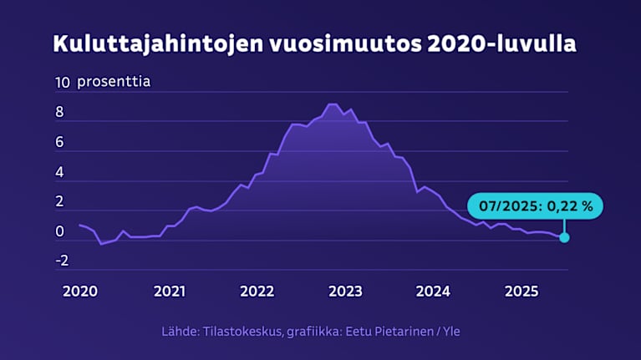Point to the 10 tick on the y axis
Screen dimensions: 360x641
click(x=62, y=83)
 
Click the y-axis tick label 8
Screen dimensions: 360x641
click(x=59, y=113)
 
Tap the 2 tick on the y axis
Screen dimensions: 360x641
click(x=59, y=202)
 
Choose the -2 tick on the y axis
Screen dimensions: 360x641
click(x=61, y=261)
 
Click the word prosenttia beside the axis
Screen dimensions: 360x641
click(x=114, y=83)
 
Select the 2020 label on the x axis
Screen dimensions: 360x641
click(x=80, y=292)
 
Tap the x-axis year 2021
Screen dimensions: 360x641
click(x=169, y=292)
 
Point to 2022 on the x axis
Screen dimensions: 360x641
click(x=257, y=292)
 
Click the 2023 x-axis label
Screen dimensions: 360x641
click(x=345, y=292)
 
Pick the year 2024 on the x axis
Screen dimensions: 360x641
click(x=434, y=292)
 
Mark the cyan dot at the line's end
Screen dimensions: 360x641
click(x=565, y=237)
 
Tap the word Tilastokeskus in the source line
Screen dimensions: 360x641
click(x=242, y=332)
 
